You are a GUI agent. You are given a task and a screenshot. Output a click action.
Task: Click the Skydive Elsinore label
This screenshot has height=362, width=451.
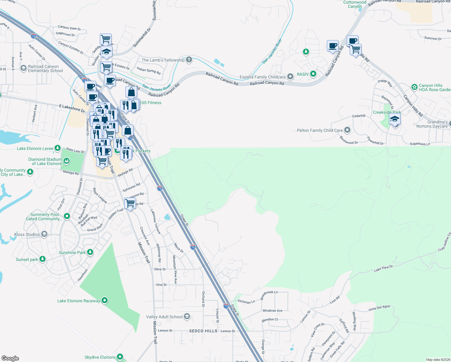(100, 357)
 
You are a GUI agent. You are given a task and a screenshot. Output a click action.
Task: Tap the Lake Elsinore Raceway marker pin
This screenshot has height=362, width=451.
(105, 300)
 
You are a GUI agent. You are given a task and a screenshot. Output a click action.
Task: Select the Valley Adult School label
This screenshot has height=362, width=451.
(164, 317)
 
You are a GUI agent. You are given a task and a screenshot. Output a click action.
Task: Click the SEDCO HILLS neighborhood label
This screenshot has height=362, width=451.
(203, 331)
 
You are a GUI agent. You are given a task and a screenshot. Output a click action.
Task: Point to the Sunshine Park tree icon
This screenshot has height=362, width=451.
(90, 252)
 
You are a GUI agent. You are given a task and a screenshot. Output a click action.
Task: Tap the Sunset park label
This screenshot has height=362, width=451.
(27, 259)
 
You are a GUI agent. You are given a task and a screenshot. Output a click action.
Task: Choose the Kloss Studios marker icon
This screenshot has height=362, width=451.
(44, 234)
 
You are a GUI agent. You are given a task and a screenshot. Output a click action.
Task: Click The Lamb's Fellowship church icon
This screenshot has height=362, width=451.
(189, 59)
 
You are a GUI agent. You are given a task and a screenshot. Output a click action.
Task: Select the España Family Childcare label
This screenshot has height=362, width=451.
(263, 77)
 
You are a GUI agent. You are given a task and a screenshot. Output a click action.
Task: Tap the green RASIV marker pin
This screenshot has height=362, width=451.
(313, 74)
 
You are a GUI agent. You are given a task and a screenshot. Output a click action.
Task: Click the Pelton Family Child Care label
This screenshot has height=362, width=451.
(320, 130)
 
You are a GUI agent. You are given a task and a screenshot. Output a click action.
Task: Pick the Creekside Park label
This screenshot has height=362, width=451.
(387, 112)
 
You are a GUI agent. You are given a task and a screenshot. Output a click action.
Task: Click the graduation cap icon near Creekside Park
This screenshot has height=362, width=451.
(395, 119)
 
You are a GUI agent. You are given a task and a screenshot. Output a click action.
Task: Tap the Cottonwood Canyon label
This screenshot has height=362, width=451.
(355, 4)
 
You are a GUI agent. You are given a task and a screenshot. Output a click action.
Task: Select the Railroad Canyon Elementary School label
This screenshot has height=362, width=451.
(46, 68)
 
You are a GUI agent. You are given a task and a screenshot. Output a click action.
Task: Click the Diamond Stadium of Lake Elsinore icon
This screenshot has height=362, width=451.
(67, 161)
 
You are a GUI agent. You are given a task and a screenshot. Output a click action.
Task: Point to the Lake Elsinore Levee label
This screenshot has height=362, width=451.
(35, 148)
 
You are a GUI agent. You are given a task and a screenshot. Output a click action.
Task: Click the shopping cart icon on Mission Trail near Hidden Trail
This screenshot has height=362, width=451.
(130, 203)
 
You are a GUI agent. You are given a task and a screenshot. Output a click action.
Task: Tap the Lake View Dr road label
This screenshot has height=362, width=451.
(383, 268)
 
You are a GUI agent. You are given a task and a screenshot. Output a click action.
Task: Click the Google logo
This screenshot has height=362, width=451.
(10, 358)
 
